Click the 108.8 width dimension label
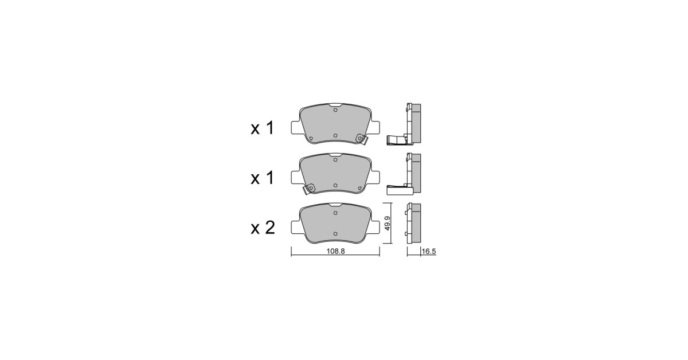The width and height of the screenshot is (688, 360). point(335,251)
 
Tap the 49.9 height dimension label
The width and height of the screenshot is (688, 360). point(388,224)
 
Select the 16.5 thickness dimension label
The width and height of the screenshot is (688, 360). point(429,252)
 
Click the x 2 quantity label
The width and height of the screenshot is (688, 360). point(263,228)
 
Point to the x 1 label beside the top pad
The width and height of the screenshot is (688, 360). point(263,128)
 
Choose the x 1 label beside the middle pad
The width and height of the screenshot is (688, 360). point(263,178)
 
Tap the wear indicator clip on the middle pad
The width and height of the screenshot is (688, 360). point(310,189)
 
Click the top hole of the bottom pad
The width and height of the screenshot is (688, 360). point(335,213)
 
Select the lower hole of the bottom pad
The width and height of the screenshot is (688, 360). point(335,234)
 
